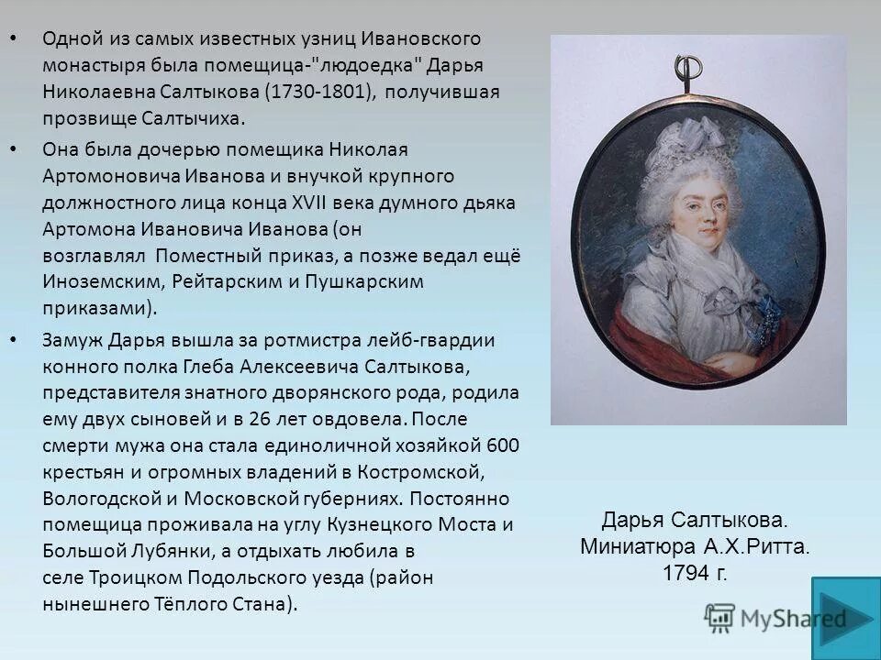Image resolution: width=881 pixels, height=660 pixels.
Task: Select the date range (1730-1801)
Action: click(318, 93)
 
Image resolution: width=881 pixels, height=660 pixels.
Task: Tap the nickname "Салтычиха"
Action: click(194, 118)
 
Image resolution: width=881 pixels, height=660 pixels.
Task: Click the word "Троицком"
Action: click(134, 577)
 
